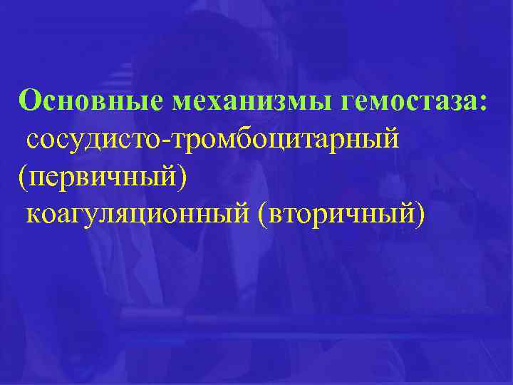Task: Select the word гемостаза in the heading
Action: click(410, 101)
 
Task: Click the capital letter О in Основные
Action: click(31, 101)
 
